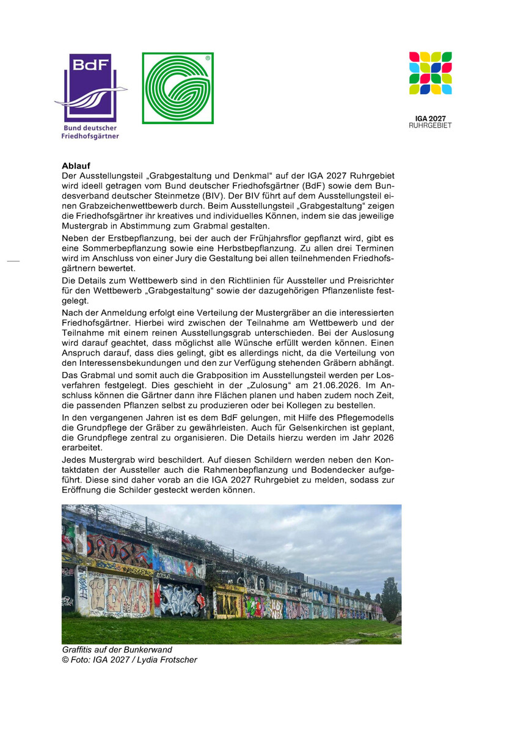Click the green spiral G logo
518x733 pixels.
(x=178, y=88)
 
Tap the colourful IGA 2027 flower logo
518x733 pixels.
(x=430, y=73)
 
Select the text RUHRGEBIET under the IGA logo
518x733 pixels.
(x=430, y=125)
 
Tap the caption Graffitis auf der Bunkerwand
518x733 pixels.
(x=117, y=650)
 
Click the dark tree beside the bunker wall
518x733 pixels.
(x=390, y=599)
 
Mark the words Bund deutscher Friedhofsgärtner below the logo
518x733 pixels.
(x=91, y=132)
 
